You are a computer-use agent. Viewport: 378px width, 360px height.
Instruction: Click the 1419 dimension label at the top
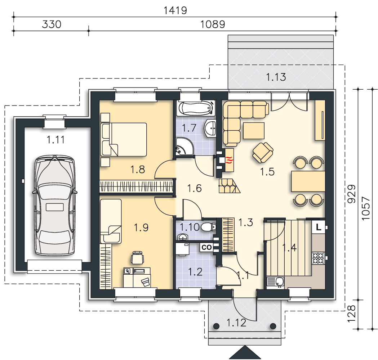click(175, 10)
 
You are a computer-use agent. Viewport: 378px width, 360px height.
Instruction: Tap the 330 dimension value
click(52, 24)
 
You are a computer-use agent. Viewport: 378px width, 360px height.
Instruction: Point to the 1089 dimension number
click(213, 24)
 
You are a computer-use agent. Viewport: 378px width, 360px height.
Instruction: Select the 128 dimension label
click(351, 314)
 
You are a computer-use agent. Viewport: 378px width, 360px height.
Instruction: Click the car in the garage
click(55, 205)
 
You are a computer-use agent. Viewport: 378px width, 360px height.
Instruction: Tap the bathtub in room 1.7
click(196, 108)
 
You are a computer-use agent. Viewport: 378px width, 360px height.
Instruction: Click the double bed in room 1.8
click(124, 139)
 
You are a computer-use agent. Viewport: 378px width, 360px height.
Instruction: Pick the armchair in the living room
click(263, 152)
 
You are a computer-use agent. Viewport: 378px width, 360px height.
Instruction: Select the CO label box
click(206, 247)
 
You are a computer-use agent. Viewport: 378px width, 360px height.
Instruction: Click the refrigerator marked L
click(319, 227)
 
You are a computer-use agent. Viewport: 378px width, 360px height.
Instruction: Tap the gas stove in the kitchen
click(319, 258)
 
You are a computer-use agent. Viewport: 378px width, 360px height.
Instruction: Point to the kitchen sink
click(276, 282)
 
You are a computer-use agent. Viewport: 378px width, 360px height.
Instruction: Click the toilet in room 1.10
click(208, 227)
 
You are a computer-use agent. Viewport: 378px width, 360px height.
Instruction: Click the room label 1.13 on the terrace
click(276, 77)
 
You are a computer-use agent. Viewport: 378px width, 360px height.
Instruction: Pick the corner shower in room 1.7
click(184, 146)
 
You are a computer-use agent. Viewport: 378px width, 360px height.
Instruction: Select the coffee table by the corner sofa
click(254, 131)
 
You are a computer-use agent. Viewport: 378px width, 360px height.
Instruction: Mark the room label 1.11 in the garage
click(55, 140)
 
